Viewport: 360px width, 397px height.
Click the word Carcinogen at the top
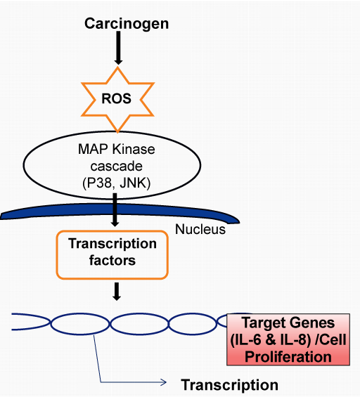[x=127, y=25]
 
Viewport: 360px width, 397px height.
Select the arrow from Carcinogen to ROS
[x=118, y=48]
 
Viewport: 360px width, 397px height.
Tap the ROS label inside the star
[x=116, y=98]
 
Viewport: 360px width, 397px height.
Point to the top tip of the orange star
[x=117, y=67]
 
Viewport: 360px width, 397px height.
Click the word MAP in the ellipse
[x=93, y=149]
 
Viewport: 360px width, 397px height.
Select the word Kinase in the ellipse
[x=134, y=149]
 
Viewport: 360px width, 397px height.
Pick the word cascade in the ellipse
[x=116, y=166]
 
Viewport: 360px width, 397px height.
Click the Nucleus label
[x=200, y=229]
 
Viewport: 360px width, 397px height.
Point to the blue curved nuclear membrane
[x=119, y=210]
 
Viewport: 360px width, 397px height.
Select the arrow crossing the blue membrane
[x=115, y=210]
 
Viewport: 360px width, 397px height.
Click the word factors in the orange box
[x=112, y=261]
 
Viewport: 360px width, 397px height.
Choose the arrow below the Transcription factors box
[x=117, y=292]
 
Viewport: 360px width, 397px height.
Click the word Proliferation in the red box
[x=288, y=357]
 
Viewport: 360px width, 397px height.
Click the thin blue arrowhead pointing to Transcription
[x=163, y=382]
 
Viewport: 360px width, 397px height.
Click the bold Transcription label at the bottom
[x=229, y=385]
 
